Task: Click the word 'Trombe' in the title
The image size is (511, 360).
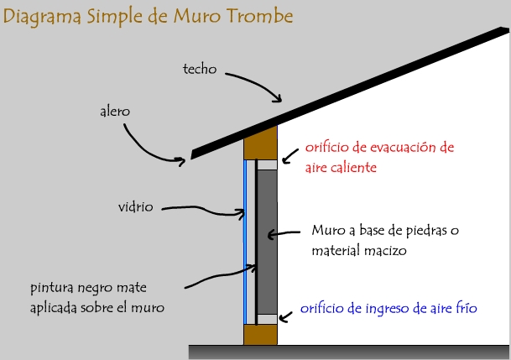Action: tap(259, 16)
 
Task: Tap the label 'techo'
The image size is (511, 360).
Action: tap(200, 69)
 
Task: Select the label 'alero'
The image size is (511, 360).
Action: tap(115, 111)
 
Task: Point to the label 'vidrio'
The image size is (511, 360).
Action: tap(136, 207)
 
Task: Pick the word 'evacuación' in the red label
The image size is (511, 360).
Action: tap(403, 147)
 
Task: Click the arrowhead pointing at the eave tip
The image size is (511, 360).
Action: tap(181, 160)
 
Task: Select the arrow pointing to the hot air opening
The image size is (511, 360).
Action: tap(290, 156)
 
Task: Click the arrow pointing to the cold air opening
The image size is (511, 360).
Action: tap(285, 317)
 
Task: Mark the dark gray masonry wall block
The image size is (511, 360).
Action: tap(267, 242)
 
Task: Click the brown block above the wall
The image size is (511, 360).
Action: tap(260, 143)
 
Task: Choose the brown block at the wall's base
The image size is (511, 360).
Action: tap(260, 334)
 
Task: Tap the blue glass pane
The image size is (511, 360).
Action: tap(245, 242)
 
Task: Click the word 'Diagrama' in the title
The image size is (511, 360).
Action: tap(42, 17)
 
